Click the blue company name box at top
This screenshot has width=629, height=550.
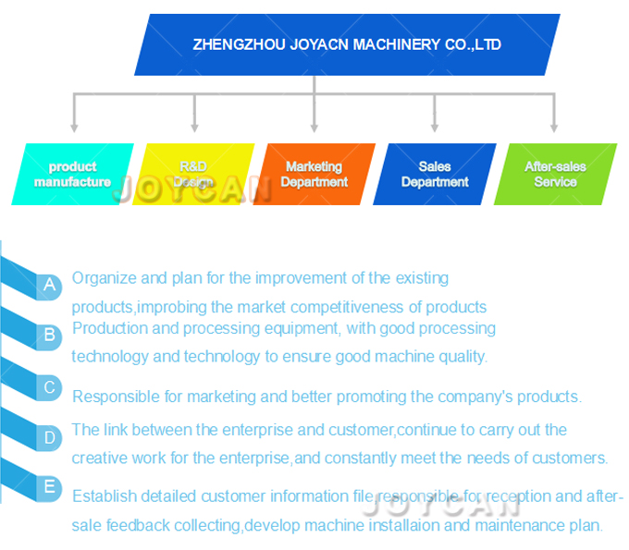347,44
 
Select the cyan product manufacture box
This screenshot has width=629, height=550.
72,174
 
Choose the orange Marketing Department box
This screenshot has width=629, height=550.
314,174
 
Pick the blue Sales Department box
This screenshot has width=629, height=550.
435,174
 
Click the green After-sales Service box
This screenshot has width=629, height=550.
555,174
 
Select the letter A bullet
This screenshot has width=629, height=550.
50,286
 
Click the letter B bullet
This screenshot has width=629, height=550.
50,335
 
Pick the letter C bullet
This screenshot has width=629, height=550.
50,387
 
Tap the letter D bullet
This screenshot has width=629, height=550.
50,438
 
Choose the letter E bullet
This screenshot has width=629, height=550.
50,487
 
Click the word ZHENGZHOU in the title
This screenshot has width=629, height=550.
231,44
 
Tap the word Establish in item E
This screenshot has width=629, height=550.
104,495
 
